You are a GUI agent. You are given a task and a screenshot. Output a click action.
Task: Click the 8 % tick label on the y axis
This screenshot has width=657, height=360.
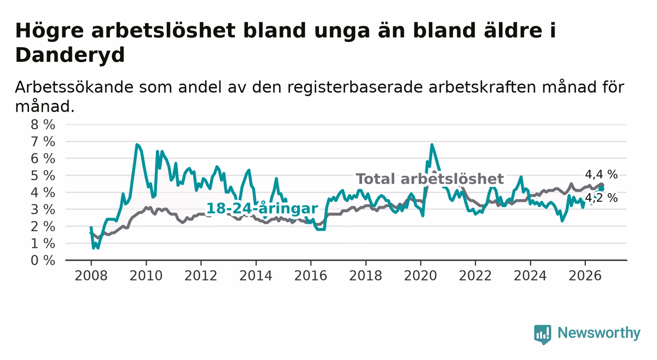(43, 125)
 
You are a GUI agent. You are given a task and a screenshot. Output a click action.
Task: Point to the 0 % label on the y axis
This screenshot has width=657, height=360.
(43, 260)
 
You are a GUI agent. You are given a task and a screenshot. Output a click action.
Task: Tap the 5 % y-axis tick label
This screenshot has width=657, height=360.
(43, 176)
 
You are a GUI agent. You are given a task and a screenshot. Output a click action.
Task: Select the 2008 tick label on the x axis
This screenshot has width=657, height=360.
(91, 276)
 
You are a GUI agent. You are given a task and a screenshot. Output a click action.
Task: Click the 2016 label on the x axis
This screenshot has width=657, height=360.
(311, 276)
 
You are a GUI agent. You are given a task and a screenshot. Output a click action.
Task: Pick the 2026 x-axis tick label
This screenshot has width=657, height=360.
(585, 276)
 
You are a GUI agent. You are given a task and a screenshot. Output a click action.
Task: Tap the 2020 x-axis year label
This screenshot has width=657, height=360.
(420, 276)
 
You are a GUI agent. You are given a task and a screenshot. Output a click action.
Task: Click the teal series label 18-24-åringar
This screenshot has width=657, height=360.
(262, 208)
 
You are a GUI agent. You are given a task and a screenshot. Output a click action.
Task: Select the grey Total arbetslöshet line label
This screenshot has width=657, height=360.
(430, 179)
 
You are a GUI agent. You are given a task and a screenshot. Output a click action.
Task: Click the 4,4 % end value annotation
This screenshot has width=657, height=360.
(601, 175)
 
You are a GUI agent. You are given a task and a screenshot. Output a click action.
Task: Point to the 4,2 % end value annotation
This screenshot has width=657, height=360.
(601, 198)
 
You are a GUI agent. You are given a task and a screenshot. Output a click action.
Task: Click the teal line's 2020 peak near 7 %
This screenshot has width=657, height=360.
(432, 144)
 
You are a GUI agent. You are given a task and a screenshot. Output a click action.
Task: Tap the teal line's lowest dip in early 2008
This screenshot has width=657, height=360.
(94, 248)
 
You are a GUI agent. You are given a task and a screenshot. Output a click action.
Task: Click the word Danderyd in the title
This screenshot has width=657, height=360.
(70, 55)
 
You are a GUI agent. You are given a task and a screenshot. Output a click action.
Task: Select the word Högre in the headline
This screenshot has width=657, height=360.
(50, 30)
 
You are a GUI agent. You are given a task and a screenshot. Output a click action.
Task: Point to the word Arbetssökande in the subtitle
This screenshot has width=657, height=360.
(74, 87)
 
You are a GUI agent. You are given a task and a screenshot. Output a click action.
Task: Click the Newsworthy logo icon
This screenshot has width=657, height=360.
(543, 334)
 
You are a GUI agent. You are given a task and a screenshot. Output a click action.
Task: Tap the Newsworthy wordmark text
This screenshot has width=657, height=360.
(599, 333)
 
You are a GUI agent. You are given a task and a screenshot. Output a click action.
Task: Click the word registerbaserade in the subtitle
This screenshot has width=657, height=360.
(355, 87)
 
